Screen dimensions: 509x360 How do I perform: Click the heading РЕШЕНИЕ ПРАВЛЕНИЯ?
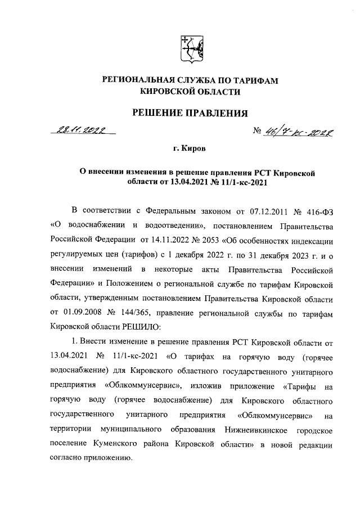pyautogui.click(x=190, y=114)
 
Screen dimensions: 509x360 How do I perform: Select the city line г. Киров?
pyautogui.click(x=189, y=150)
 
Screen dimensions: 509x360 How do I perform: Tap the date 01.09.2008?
pyautogui.click(x=82, y=313)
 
